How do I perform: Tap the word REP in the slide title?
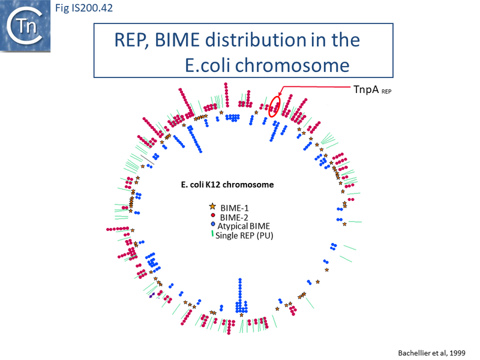[134, 41]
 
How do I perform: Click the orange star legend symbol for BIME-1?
[212, 206]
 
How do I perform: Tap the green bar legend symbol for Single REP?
[212, 235]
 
